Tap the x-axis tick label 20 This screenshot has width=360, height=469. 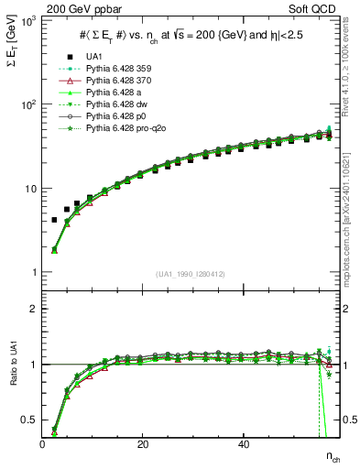pos(143,444)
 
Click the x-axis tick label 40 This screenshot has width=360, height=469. pos(243,444)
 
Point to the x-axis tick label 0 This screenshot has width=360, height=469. pos(43,444)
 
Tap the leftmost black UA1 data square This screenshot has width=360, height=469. pos(54,220)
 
